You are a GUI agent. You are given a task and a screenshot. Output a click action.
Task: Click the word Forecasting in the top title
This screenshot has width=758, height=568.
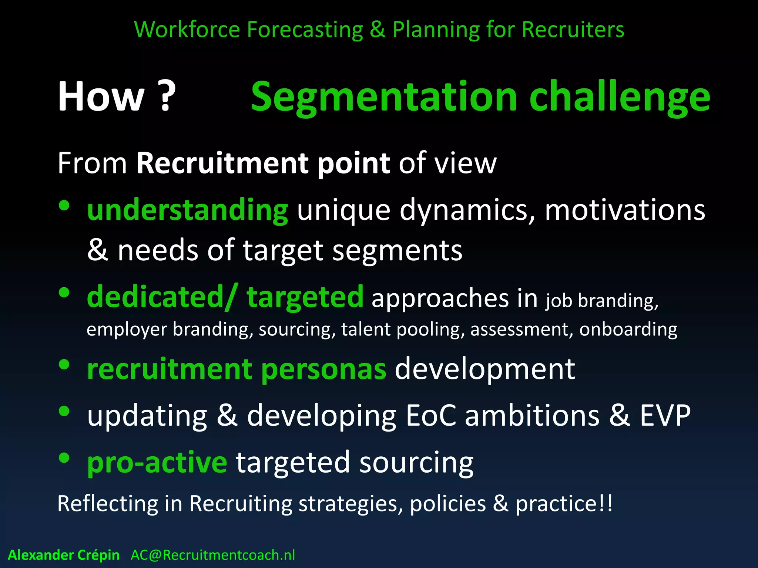coord(305,30)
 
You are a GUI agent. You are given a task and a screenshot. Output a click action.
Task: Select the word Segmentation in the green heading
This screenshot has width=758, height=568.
coord(383,97)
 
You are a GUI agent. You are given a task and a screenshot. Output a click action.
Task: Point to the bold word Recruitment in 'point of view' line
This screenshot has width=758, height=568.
coord(222,163)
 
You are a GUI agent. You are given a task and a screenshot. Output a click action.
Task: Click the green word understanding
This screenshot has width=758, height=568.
coord(187,210)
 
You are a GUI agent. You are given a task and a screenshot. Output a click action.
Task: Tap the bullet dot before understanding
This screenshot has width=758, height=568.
coord(64,206)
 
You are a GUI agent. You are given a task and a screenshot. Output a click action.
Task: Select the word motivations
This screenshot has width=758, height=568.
coord(625,210)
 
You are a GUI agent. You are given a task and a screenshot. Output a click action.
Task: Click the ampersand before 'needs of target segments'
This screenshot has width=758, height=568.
coord(97,250)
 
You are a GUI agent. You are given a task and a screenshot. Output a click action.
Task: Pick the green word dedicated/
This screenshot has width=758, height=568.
coord(161,297)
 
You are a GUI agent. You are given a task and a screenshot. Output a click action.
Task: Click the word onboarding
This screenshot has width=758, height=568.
coord(628,329)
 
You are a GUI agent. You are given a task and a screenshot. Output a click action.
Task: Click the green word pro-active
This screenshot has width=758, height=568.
coord(157,462)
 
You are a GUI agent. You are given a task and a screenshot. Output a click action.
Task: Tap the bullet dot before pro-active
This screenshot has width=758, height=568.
coord(64,458)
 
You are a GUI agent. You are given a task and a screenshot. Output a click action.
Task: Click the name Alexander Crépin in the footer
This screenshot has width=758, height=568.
coord(64,555)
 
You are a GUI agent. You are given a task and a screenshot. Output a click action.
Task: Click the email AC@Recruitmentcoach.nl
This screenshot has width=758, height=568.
coord(213,555)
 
